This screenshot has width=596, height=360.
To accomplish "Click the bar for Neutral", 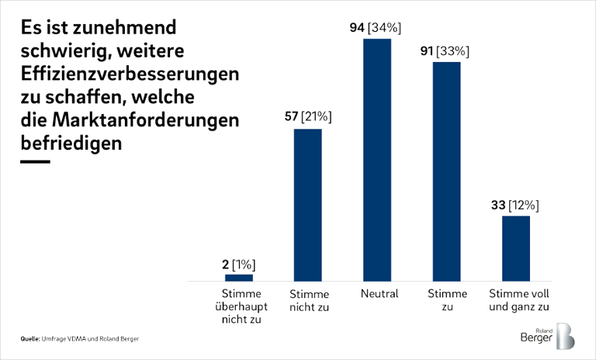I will pos(377,159).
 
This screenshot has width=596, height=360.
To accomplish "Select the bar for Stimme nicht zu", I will pos(307,204).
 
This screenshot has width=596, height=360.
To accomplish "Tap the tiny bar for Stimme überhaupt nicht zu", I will pos(239,277).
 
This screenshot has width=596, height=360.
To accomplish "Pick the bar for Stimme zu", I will pos(446,171).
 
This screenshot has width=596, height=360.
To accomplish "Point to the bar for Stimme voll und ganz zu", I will pos(515,247).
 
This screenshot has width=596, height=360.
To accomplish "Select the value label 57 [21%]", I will pos(307,117).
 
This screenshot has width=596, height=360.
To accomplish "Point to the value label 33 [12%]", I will pos(515,206).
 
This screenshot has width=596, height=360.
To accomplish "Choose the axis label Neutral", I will pos(379,294).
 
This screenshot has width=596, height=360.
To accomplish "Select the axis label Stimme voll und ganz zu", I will pos(517,299).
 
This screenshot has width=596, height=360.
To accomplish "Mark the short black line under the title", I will pos(35,162).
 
